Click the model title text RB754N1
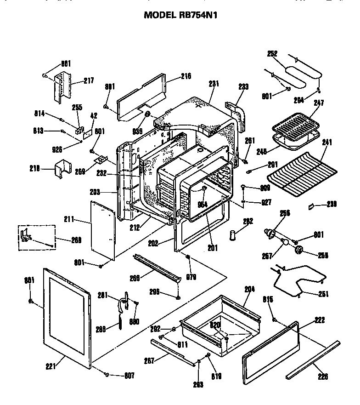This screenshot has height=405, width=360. [x=180, y=15]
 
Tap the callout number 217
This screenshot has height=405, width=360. [x=89, y=81]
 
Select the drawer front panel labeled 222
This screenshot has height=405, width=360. [x=271, y=354]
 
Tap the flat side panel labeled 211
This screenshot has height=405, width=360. [x=102, y=228]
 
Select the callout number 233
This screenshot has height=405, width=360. [x=243, y=86]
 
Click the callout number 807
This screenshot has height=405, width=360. [x=129, y=376]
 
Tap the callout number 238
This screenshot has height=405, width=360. [x=332, y=205]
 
